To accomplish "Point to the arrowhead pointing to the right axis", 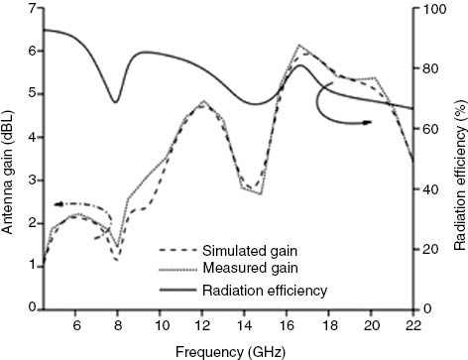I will pos(368,122).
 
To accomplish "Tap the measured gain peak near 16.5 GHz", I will pos(299,45).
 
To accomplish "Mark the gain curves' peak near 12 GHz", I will pos(202,102).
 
